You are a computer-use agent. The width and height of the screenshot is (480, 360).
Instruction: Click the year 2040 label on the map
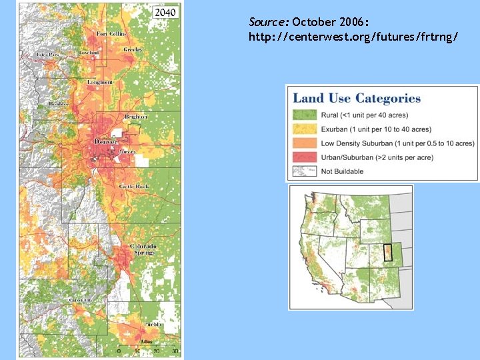click(165, 12)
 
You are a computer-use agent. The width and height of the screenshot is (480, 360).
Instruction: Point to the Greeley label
click(132, 49)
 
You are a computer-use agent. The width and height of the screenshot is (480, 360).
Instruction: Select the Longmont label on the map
click(100, 82)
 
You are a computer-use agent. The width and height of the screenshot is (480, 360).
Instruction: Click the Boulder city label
click(57, 104)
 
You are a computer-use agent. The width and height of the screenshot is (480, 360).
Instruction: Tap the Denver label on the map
click(106, 141)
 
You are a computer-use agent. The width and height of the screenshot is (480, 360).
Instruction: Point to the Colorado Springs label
click(143, 249)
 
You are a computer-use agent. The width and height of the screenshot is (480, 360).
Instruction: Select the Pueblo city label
click(153, 323)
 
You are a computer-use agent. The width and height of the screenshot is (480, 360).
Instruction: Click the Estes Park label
click(49, 53)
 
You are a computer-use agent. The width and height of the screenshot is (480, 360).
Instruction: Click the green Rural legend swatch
click(303, 115)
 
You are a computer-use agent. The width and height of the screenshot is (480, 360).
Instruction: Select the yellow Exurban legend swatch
click(303, 129)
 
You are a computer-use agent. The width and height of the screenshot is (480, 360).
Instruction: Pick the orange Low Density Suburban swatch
click(303, 143)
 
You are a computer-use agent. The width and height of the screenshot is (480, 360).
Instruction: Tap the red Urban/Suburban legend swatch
click(303, 157)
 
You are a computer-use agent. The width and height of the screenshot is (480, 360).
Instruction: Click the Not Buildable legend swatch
click(303, 171)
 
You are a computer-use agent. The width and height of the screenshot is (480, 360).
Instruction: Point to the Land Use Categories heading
click(357, 99)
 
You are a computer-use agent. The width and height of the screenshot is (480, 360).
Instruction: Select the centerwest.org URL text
click(353, 38)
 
